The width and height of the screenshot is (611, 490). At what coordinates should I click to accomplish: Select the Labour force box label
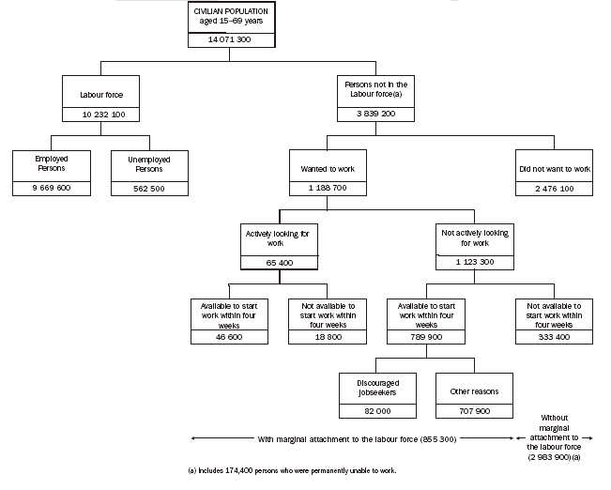pos(101,94)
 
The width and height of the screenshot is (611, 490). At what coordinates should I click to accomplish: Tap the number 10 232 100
pos(101,115)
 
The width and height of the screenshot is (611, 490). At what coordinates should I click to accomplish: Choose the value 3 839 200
pos(375,115)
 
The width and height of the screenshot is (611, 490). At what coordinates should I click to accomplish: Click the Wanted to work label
pos(328,169)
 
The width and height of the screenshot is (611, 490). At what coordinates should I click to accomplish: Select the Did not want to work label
pos(554,169)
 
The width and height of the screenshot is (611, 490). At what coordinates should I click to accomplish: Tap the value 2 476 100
pos(554,189)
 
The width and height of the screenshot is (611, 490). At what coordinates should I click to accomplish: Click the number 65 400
pos(280,262)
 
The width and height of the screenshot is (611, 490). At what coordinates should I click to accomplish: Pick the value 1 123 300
pos(475,262)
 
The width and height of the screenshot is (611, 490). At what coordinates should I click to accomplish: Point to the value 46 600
pos(230,335)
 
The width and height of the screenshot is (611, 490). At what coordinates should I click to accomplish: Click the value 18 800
pos(327,335)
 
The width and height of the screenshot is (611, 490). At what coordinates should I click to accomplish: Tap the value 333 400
pos(554,335)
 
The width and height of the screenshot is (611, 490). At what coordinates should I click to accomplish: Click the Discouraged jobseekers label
pos(376,390)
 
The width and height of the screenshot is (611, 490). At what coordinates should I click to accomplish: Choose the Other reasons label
pos(474,390)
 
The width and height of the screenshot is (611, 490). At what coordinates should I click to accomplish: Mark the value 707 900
pos(474,410)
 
